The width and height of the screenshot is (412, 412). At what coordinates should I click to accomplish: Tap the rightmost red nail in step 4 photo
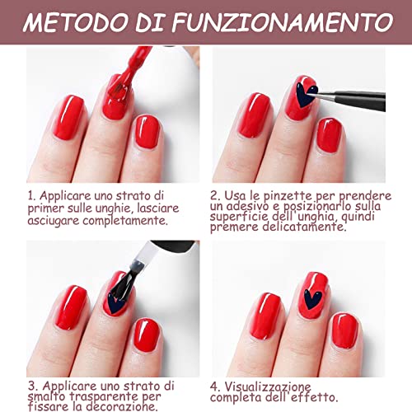[x=344, y=329]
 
